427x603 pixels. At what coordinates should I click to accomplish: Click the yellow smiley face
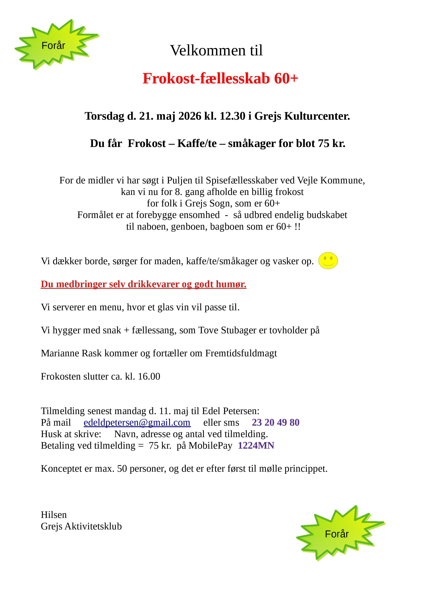[x=328, y=261]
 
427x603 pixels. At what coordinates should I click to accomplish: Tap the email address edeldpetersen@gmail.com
[x=137, y=423]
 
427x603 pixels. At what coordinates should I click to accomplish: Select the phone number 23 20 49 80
[x=275, y=423]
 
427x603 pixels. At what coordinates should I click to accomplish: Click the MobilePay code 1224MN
[x=256, y=446]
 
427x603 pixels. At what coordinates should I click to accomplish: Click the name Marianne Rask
[x=71, y=353]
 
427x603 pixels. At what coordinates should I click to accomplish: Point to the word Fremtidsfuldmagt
[x=241, y=353]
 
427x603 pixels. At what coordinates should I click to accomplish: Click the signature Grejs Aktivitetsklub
[x=81, y=526]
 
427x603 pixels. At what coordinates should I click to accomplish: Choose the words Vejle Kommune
[x=331, y=180]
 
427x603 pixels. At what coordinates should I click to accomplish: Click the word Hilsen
[x=54, y=514]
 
